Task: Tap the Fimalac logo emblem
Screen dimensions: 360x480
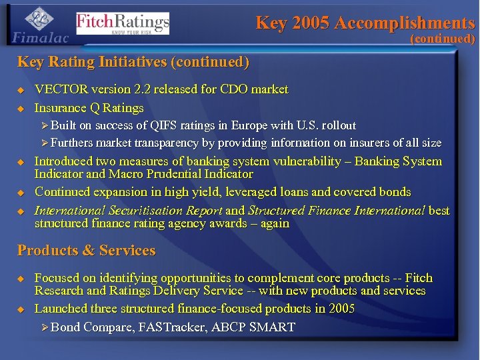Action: tap(41, 18)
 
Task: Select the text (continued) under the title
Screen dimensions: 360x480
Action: tap(442, 39)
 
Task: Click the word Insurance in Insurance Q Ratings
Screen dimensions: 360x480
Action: tap(61, 108)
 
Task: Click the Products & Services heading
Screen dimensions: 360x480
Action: tap(86, 251)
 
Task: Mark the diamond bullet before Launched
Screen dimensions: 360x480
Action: tap(21, 309)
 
